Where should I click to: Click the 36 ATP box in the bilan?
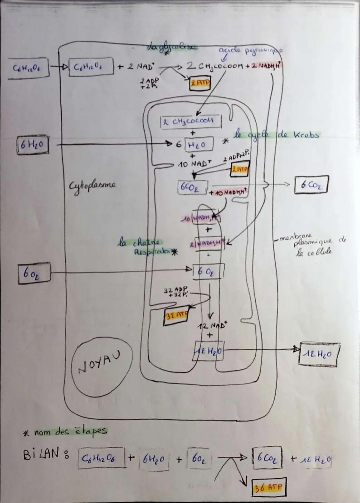click(x=268, y=488)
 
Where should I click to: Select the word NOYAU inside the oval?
click(x=100, y=363)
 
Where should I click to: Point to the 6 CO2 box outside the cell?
click(x=311, y=185)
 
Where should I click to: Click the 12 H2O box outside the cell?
click(x=320, y=354)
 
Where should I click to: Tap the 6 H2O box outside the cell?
click(x=33, y=145)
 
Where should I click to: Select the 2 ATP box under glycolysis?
click(x=200, y=84)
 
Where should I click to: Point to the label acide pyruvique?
click(x=250, y=51)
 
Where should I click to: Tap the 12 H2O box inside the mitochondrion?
click(x=209, y=351)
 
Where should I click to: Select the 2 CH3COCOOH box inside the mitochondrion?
click(x=191, y=122)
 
